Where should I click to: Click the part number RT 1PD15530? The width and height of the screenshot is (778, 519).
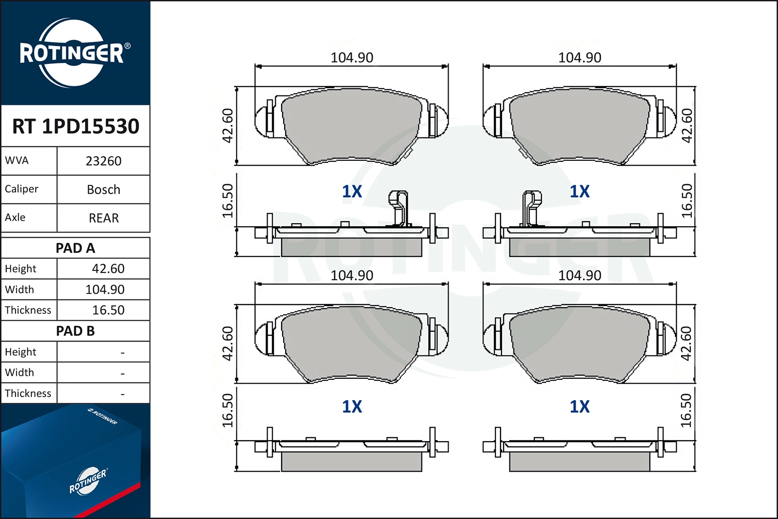click(75, 126)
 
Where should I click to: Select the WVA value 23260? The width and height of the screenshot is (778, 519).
click(104, 161)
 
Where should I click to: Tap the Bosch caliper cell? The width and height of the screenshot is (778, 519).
click(104, 190)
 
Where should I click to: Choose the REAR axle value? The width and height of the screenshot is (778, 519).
click(104, 218)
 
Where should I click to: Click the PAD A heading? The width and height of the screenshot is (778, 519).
click(75, 248)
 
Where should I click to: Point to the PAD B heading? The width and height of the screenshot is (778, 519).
click(75, 331)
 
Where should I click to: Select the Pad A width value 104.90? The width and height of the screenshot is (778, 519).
click(105, 290)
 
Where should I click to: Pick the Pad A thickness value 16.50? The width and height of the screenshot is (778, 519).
click(108, 310)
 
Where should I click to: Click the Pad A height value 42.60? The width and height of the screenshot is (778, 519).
click(108, 269)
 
